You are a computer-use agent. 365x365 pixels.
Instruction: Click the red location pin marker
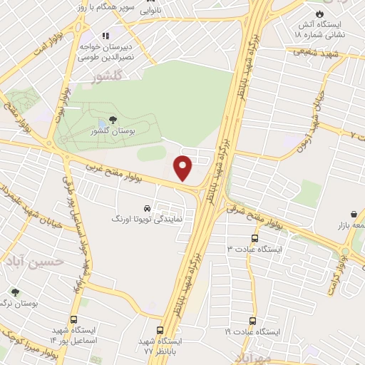tap(183, 167)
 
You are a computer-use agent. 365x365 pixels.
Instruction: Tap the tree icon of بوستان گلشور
tap(113, 121)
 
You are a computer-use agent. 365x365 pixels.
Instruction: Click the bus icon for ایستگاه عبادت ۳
tap(255, 239)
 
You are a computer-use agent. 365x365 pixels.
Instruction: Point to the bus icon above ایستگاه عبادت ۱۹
tap(252, 322)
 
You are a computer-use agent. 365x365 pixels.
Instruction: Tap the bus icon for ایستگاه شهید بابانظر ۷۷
tap(159, 330)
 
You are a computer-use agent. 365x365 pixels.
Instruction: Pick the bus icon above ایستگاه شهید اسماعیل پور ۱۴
tap(73, 321)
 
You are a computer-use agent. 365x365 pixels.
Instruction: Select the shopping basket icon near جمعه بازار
tap(354, 214)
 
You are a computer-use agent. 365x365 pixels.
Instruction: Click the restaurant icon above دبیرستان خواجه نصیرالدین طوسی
tap(104, 35)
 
